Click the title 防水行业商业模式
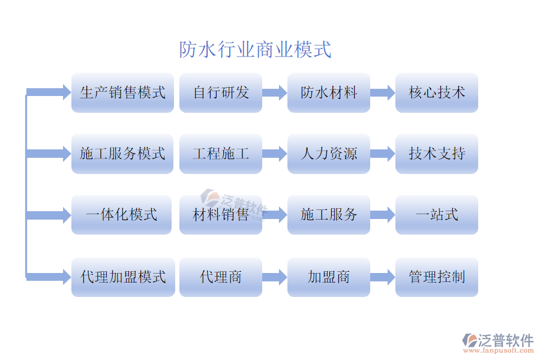pyautogui.click(x=255, y=49)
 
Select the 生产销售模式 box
pyautogui.click(x=122, y=93)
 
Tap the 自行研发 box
pyautogui.click(x=220, y=93)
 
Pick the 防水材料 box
pyautogui.click(x=328, y=93)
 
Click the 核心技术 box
pyautogui.click(x=436, y=93)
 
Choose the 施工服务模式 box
pyautogui.click(x=122, y=154)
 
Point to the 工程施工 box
pyautogui.click(x=220, y=154)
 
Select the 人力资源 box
pyautogui.click(x=328, y=154)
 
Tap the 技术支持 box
pyautogui.click(x=436, y=154)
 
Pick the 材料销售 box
pyautogui.click(x=220, y=215)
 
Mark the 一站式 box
pyautogui.click(x=436, y=215)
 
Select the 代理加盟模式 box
pyautogui.click(x=122, y=277)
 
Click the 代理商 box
pyautogui.click(x=220, y=277)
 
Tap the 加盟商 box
pyautogui.click(x=328, y=277)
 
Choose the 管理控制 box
pyautogui.click(x=436, y=277)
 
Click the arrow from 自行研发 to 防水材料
pyautogui.click(x=275, y=93)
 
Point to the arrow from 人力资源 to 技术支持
pyautogui.click(x=383, y=154)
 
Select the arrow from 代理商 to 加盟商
pyautogui.click(x=275, y=277)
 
